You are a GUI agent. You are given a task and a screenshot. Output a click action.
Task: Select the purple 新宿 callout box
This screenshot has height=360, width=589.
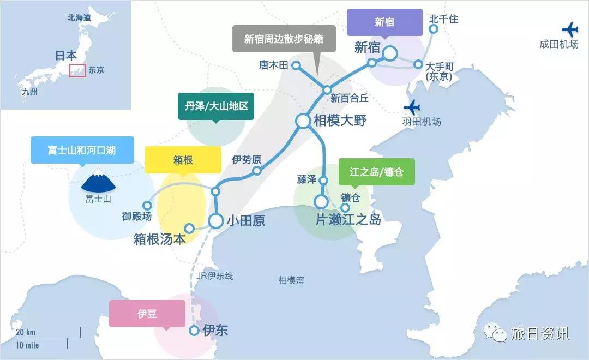point(384,22)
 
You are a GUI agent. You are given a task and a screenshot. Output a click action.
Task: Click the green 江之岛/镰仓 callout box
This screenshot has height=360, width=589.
point(377,172)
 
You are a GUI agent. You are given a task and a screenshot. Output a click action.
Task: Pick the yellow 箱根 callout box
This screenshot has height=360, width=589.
point(183,160)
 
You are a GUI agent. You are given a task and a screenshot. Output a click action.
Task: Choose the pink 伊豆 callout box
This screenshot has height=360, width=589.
point(147,314)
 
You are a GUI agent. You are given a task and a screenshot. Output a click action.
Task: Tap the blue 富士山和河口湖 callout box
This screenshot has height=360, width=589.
point(82,149)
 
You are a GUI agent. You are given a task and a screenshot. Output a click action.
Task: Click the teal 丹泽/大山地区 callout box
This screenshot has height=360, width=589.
point(216,106)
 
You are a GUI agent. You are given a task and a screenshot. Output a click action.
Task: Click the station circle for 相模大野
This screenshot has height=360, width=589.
point(303,121)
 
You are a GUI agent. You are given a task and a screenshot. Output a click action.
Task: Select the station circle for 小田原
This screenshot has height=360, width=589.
point(216,221)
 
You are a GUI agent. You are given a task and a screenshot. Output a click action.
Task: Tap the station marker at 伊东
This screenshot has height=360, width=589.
point(194,331)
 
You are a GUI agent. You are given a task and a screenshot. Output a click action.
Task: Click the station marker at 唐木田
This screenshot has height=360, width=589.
point(296,65)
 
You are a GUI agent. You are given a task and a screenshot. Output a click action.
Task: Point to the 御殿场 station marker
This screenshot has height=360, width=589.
point(147,205)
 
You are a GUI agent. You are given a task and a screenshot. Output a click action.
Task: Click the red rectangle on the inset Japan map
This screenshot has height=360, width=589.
point(77,70)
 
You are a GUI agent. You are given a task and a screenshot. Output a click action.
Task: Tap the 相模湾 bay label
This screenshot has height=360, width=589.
point(291,280)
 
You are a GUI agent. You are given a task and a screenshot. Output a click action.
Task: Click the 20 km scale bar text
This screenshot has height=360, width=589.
point(26,332)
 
